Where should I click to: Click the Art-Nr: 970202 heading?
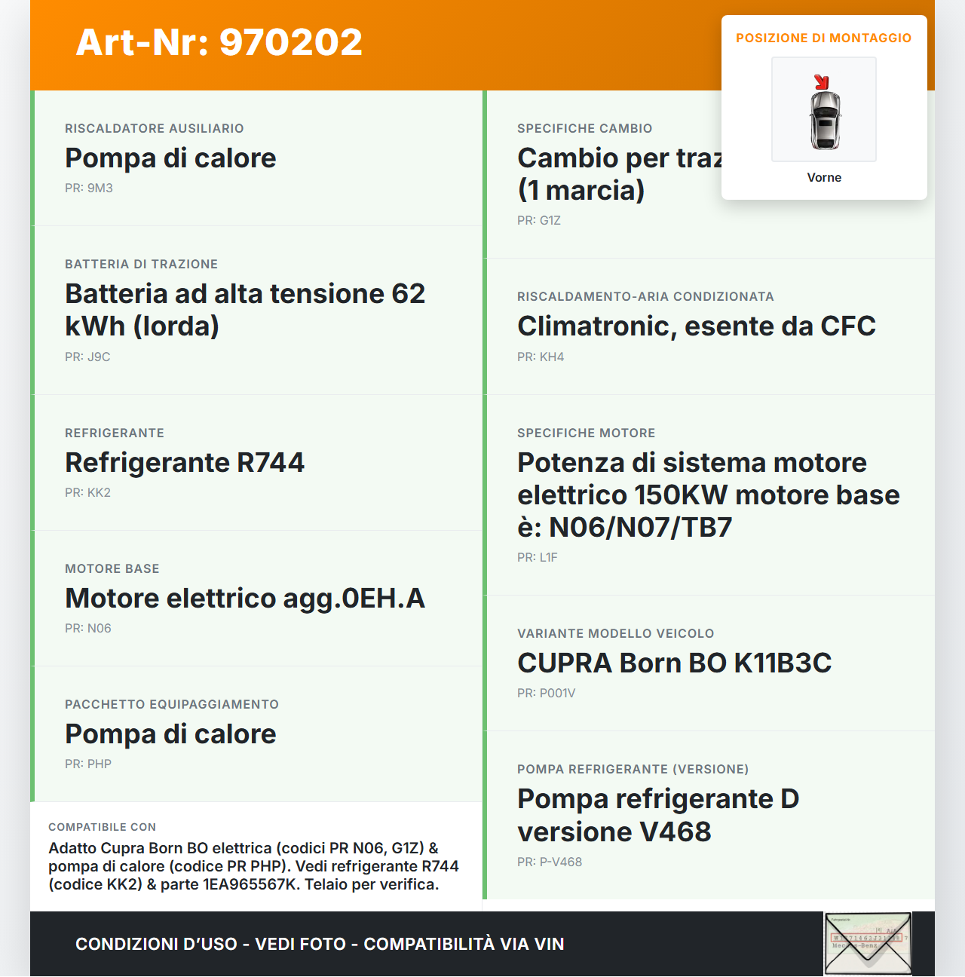coord(219,42)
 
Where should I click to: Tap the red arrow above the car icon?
coord(822,82)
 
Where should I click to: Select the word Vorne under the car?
coord(824,178)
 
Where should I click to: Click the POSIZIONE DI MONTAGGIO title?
coord(823,38)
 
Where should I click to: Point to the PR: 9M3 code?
coord(89,188)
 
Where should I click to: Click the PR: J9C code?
coord(87,357)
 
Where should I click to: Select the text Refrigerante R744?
coord(185,462)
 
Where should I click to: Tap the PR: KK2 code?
coord(87,493)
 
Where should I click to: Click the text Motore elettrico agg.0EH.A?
coord(245,598)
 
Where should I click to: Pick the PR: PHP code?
coord(88,764)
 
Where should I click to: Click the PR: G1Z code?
coord(539,221)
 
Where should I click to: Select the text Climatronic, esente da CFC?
coord(697,326)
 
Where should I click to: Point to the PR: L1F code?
coord(538,558)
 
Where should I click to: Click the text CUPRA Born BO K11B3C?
coord(674,663)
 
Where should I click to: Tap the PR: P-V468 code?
coord(550,862)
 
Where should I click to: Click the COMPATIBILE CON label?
coord(103,827)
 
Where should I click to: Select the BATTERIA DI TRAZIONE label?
coord(141,265)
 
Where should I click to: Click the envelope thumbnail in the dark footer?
coord(868,944)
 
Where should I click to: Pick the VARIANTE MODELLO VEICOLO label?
coord(615,634)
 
